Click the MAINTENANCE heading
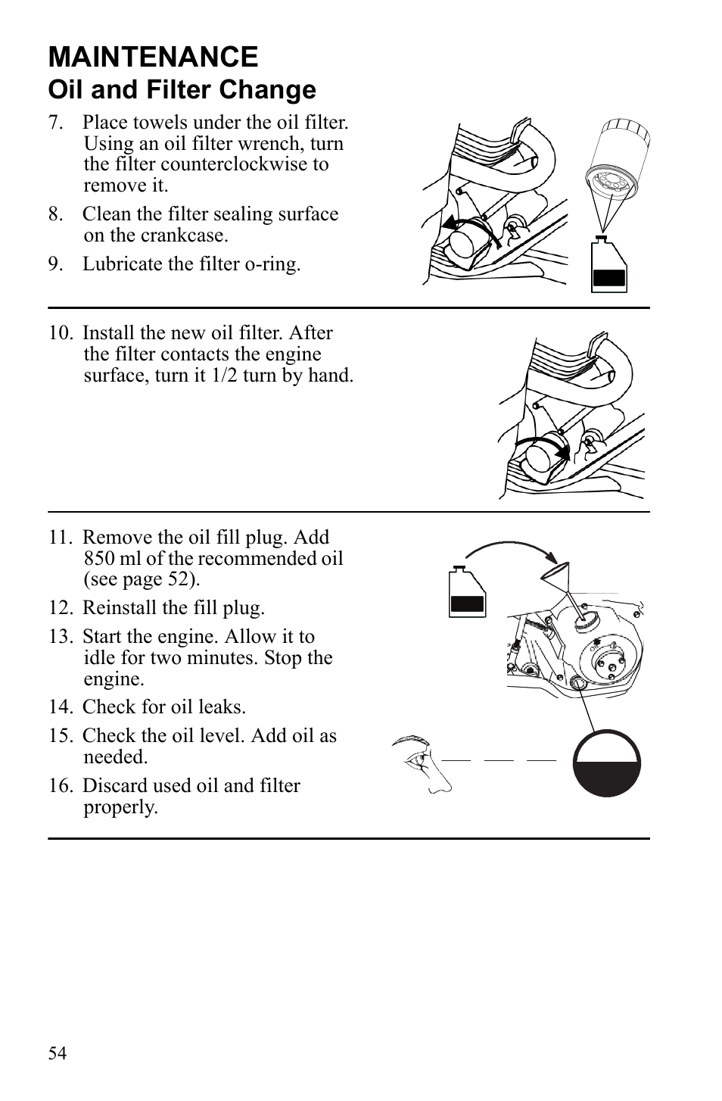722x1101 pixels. tap(153, 58)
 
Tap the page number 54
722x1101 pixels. tap(57, 1053)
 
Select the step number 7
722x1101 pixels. tap(54, 123)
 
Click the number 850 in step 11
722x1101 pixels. tap(100, 559)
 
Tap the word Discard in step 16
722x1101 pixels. tap(113, 786)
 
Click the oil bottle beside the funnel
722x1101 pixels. tap(466, 592)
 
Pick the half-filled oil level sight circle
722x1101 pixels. tap(606, 763)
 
